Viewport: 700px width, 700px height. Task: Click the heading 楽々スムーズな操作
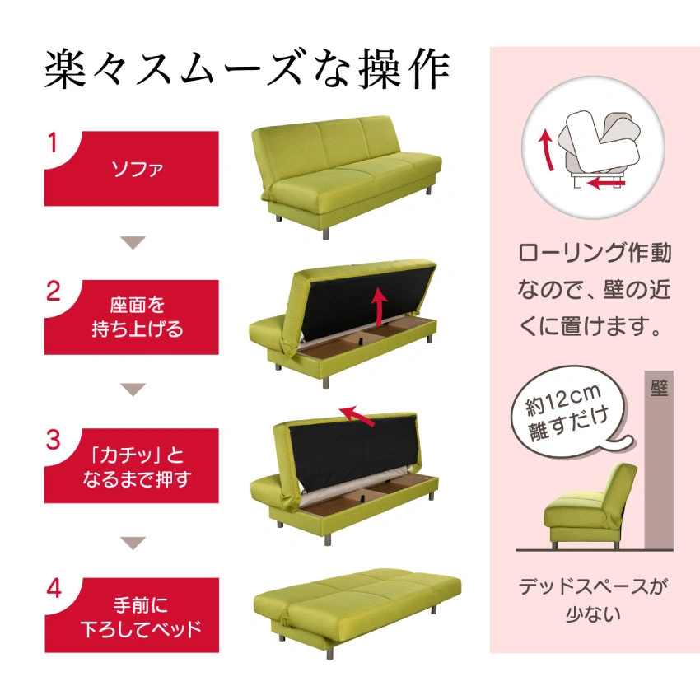point(247,71)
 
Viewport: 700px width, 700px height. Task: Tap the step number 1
point(53,143)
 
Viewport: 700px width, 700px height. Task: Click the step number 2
point(54,292)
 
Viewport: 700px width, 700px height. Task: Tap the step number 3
point(54,441)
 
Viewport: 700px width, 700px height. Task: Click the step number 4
point(54,589)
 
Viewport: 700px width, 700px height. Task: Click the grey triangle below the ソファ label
point(133,242)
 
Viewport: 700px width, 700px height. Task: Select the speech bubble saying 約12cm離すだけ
point(571,412)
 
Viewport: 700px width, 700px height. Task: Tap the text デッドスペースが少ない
point(593,600)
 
